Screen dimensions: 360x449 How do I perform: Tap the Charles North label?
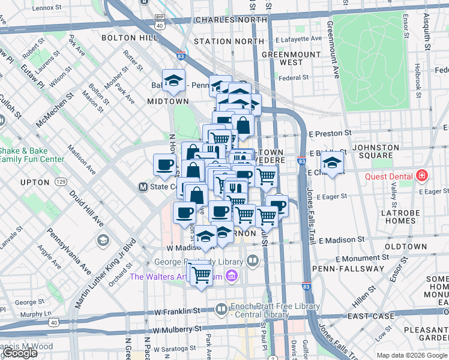(x=231, y=20)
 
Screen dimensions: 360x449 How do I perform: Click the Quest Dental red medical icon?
(x=422, y=176)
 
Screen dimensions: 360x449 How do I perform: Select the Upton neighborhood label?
(x=34, y=182)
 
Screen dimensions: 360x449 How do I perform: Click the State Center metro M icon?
(x=143, y=187)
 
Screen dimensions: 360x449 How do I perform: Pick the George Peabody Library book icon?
(x=252, y=261)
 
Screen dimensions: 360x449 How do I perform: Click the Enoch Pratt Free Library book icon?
(x=221, y=310)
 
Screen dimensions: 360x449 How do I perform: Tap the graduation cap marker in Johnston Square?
(x=332, y=162)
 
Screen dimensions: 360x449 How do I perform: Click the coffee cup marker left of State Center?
(x=164, y=166)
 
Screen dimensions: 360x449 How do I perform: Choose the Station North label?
(x=221, y=41)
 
